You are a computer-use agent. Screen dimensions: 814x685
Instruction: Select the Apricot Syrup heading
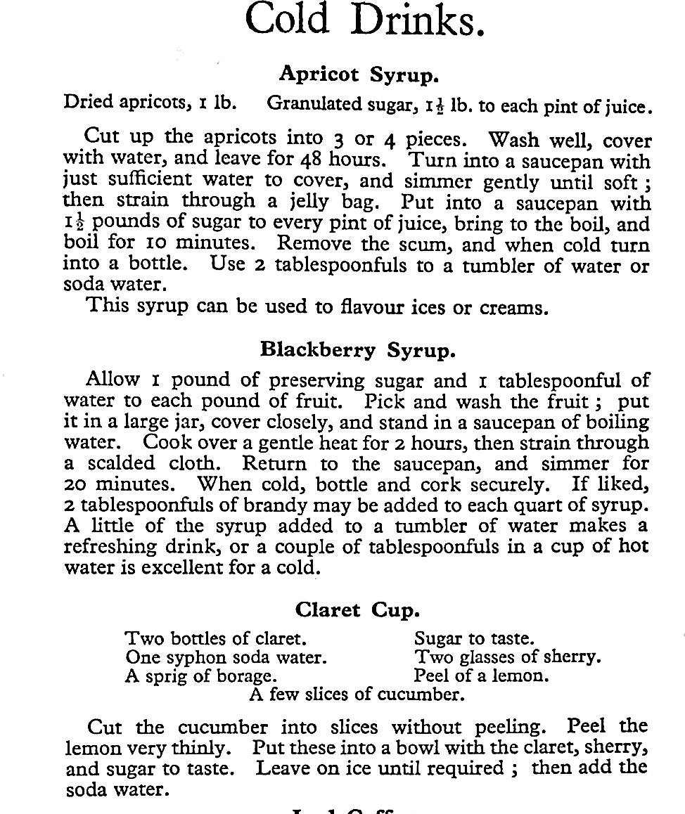click(359, 73)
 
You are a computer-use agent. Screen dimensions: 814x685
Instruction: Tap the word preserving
click(317, 380)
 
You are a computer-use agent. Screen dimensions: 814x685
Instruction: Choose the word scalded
click(130, 464)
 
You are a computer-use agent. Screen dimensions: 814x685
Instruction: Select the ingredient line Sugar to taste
click(474, 639)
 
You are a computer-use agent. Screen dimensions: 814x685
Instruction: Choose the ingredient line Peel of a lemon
click(481, 676)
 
